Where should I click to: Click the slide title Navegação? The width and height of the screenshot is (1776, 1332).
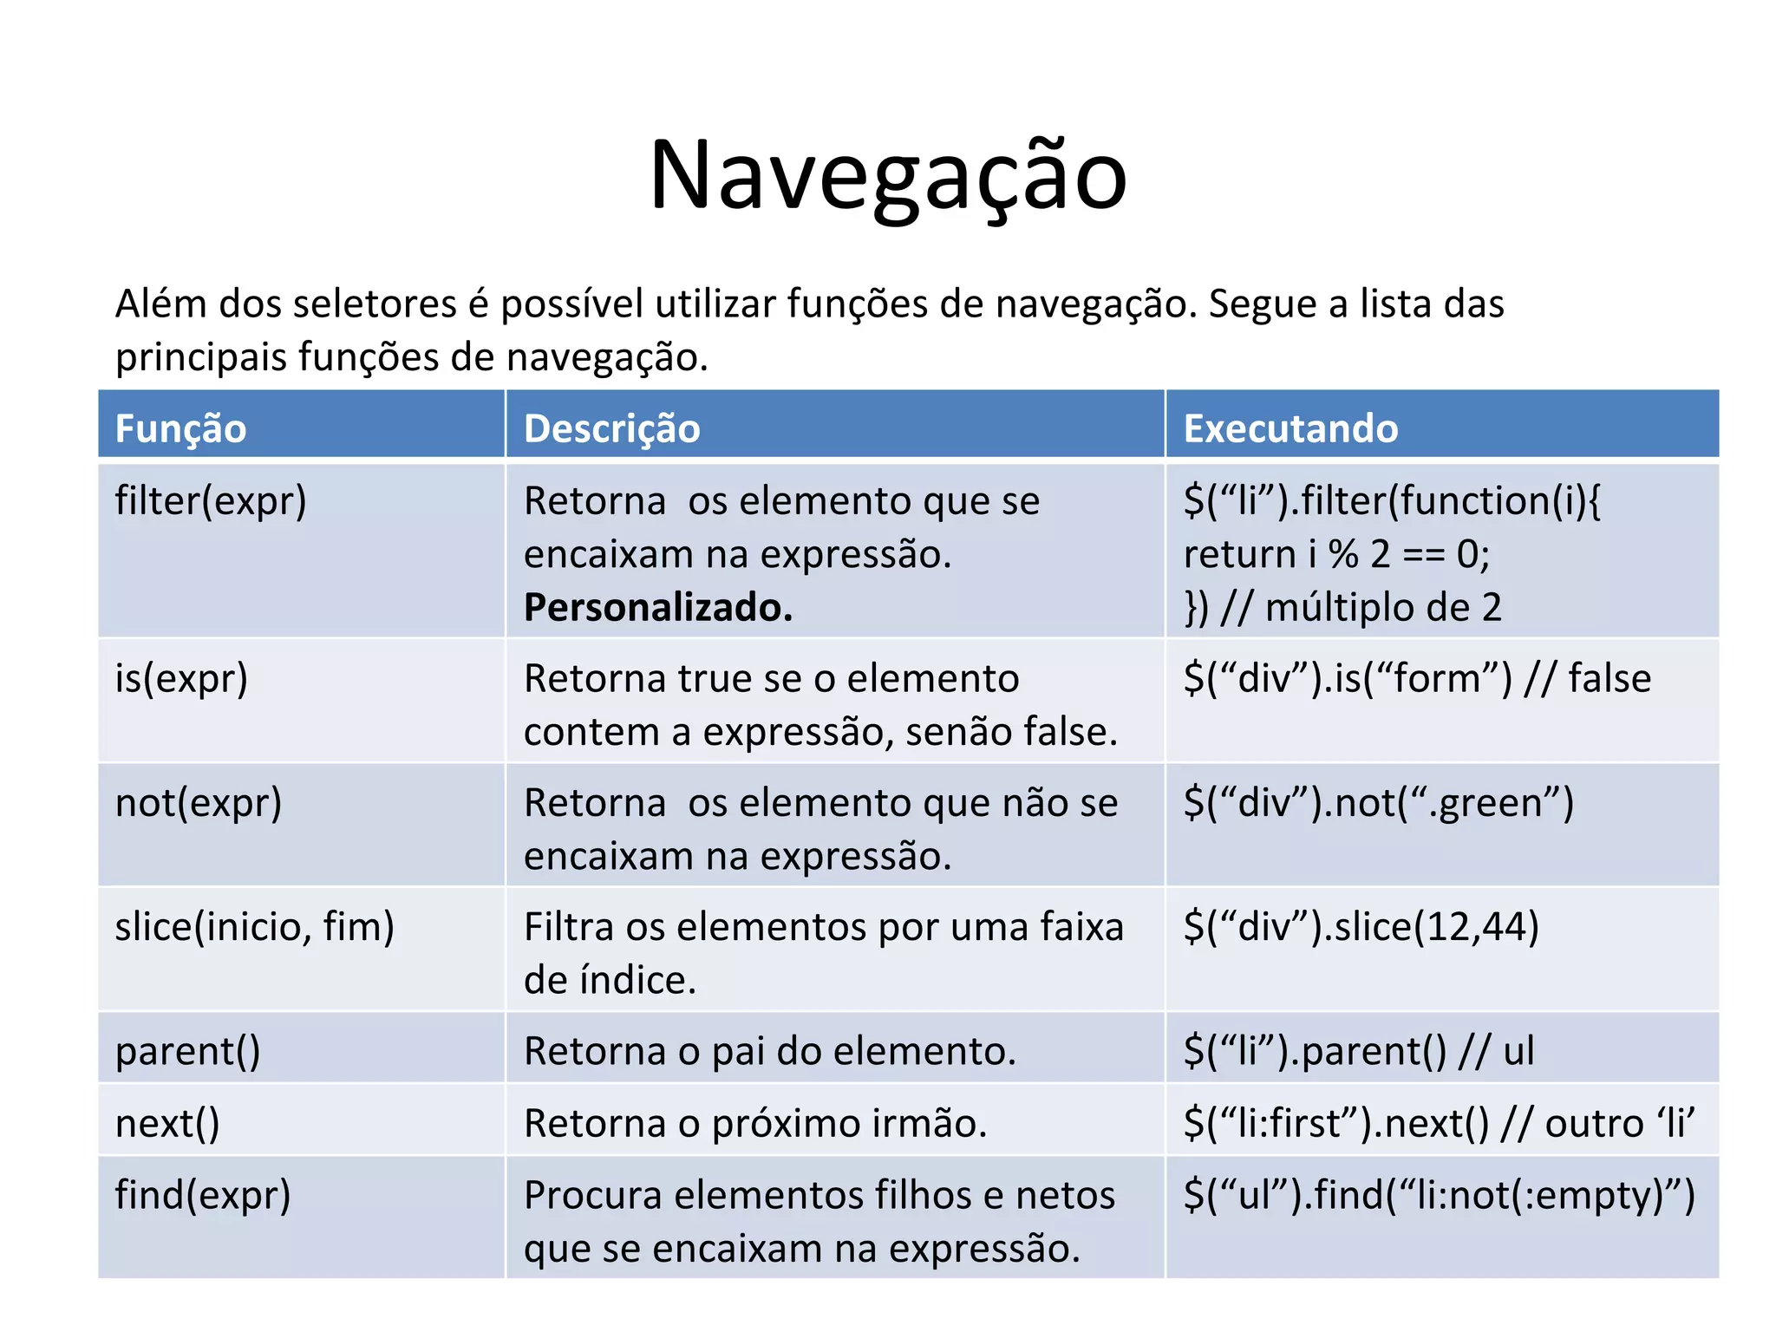pos(887,176)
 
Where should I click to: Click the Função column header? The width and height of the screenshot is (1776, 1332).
pos(180,428)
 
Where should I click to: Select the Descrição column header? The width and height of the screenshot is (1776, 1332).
pos(611,428)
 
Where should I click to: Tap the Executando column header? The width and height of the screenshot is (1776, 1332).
pos(1290,428)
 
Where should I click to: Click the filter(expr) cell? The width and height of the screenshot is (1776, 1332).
pos(211,501)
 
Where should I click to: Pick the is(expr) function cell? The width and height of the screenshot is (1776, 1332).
pos(181,678)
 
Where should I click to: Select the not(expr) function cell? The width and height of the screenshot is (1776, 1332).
pos(199,803)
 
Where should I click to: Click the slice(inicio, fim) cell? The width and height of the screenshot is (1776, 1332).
pos(254,927)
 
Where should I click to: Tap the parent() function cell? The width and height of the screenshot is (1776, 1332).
pos(187,1051)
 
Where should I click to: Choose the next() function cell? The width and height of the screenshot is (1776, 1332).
pos(167,1124)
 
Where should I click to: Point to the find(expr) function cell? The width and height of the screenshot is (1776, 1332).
pos(203,1195)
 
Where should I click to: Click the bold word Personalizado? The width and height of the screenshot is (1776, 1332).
pos(658,607)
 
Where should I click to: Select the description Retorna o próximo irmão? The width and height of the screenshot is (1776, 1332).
pos(755,1124)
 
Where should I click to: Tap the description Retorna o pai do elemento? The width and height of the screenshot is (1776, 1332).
pos(769,1051)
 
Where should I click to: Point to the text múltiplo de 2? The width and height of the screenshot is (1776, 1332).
pos(1383,607)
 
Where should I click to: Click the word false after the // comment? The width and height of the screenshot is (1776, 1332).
pos(1609,678)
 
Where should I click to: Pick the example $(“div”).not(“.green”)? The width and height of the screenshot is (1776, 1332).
pos(1378,803)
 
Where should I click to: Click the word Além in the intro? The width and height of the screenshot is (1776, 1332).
pos(160,304)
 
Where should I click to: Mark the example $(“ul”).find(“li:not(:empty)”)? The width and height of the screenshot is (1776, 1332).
pos(1439,1195)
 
